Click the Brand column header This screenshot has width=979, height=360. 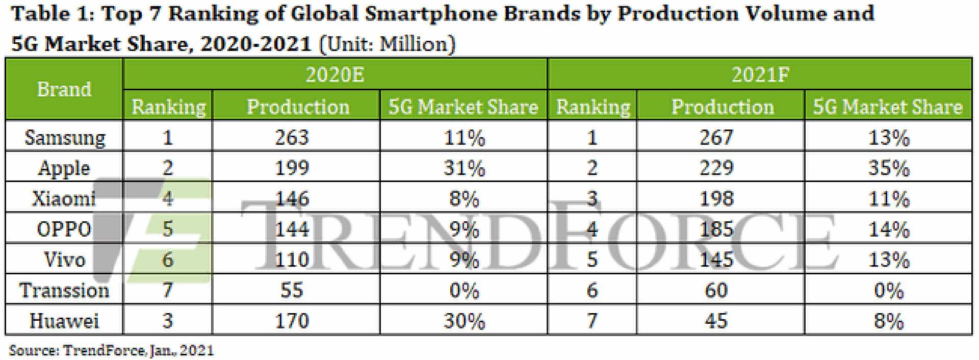tap(64, 90)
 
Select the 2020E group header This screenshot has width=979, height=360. tap(334, 75)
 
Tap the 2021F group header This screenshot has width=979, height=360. tap(760, 75)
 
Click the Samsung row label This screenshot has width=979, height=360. tap(65, 138)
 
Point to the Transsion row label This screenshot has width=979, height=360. tap(64, 290)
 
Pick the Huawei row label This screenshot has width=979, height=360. tap(64, 321)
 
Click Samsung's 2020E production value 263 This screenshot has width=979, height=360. tap(292, 138)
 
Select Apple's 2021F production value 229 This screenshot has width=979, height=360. tap(716, 168)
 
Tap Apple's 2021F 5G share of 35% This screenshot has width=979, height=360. tap(888, 168)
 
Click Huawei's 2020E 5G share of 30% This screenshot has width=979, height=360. tap(464, 321)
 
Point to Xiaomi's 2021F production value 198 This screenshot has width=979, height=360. tap(716, 198)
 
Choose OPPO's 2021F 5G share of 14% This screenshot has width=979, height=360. tap(888, 229)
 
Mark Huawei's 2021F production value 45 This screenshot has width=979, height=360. tap(716, 321)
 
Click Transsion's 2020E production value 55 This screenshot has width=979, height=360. tap(292, 290)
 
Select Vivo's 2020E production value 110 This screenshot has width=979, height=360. tap(292, 260)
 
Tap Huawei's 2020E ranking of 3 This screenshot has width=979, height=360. tap(168, 321)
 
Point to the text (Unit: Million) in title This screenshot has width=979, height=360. tap(387, 44)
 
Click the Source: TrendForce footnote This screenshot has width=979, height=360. tap(111, 351)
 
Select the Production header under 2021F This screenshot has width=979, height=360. tap(722, 107)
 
